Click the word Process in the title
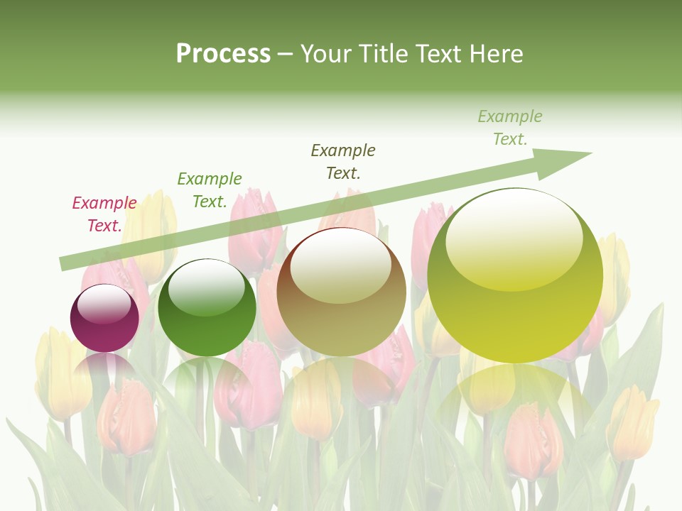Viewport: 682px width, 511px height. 223,54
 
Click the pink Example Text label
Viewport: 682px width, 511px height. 104,214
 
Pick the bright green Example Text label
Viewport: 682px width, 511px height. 210,190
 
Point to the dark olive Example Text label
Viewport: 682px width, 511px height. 343,161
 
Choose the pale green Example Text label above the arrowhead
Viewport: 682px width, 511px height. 510,128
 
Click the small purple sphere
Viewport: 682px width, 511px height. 104,319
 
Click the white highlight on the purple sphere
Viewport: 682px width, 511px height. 104,304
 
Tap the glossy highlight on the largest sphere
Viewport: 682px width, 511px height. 514,238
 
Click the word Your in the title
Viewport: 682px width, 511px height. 328,54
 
